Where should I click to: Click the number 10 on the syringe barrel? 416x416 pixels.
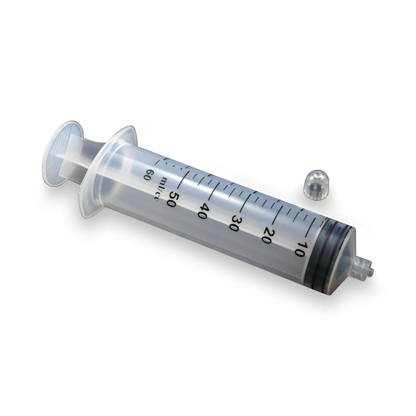[x=299, y=248]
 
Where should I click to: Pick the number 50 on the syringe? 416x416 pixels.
[x=171, y=199]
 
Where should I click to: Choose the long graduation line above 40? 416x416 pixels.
[x=214, y=191]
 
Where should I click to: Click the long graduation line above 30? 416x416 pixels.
[x=245, y=203]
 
